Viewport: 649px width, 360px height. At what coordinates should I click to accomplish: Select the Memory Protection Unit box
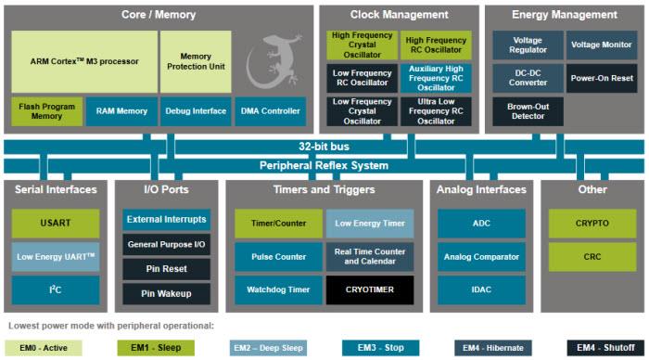(196, 61)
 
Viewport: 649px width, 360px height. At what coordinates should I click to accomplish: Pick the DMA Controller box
(270, 111)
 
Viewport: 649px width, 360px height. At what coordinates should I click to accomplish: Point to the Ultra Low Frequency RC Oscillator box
(436, 111)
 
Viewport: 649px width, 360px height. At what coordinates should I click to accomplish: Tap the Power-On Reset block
(601, 78)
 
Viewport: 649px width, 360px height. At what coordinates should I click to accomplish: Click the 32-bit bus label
(324, 147)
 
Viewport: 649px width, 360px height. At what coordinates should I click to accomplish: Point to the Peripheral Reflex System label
(324, 165)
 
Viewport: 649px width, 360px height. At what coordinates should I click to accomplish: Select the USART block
(55, 223)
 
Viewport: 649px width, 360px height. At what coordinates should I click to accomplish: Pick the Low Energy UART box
(55, 256)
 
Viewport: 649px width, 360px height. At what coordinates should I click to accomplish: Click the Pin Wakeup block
(166, 292)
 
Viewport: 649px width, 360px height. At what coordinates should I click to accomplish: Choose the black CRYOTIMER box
(369, 289)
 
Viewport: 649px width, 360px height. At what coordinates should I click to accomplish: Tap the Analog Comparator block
(481, 256)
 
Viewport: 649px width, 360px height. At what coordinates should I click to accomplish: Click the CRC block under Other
(592, 256)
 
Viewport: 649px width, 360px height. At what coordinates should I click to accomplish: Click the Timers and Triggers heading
(324, 189)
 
